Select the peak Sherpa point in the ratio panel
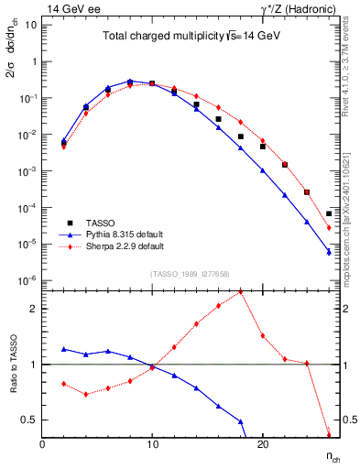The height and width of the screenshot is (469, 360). pos(240,291)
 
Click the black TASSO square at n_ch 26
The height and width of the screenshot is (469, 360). pos(329,213)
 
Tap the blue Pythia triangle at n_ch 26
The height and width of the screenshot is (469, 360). pos(329,252)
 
